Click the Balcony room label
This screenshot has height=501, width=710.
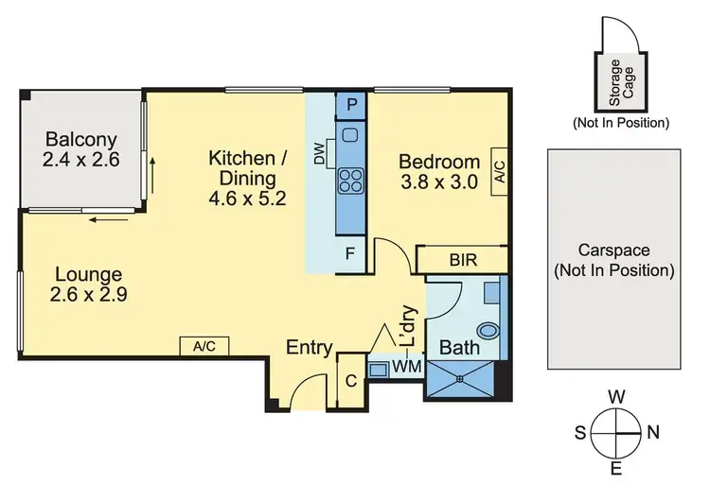(x=81, y=149)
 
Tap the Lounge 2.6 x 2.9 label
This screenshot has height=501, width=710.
(x=88, y=284)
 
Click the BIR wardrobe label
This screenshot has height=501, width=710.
(x=462, y=258)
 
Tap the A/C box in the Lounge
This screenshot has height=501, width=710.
(x=204, y=346)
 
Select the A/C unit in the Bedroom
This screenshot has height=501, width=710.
(x=500, y=170)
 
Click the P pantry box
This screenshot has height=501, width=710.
(x=351, y=103)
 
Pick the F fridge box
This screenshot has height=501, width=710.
(x=351, y=254)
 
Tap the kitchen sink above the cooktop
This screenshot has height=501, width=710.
(x=351, y=135)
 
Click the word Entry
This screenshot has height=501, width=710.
(x=310, y=348)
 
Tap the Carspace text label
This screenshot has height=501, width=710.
(x=613, y=261)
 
